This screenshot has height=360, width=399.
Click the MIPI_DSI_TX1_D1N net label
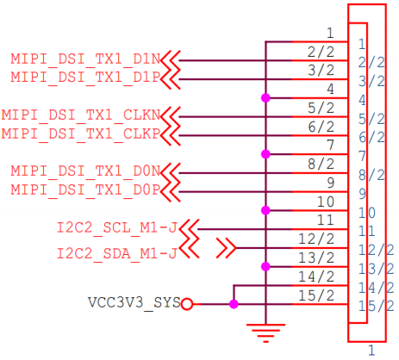tap(85, 59)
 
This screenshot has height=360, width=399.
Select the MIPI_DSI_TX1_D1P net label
tap(85, 78)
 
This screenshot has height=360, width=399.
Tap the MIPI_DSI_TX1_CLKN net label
tap(81, 115)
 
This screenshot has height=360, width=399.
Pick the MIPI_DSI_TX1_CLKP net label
tap(81, 133)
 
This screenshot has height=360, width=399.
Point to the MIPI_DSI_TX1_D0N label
tap(85, 171)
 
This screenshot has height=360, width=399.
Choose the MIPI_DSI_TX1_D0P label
tap(85, 189)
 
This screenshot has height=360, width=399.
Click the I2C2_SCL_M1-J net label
tap(117, 227)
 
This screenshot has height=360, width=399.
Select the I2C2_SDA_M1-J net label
tap(117, 253)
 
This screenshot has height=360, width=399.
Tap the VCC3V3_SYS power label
tap(134, 302)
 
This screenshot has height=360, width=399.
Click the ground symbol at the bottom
tap(265, 333)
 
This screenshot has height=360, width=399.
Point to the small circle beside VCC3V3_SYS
tap(187, 304)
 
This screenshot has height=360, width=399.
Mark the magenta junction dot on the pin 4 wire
tap(265, 98)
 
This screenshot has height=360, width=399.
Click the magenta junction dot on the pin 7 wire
tap(265, 154)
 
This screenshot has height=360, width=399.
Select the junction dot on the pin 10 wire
tap(265, 210)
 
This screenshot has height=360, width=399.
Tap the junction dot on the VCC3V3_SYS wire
tap(234, 304)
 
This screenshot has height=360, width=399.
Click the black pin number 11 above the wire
tap(326, 220)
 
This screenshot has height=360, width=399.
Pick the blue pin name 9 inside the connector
tap(363, 194)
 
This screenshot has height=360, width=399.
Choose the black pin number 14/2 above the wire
tap(316, 276)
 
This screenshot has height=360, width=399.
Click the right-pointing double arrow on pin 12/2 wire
tap(227, 248)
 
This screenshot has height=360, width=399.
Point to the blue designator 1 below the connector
tap(371, 351)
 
